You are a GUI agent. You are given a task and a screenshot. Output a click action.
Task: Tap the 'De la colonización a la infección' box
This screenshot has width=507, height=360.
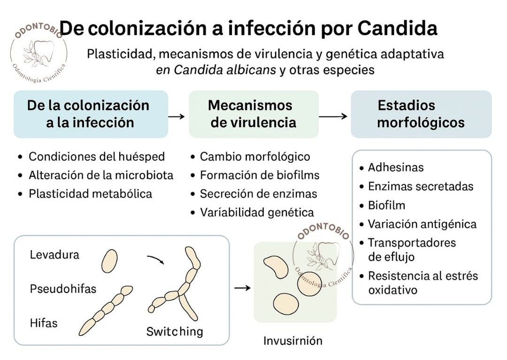91,114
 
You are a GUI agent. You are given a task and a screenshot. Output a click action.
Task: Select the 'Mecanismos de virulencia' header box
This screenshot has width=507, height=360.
253,114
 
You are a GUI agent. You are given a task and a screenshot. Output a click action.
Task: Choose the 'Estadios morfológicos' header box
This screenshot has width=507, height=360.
421,114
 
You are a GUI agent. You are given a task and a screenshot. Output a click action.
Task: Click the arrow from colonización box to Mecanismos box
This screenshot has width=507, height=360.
177,116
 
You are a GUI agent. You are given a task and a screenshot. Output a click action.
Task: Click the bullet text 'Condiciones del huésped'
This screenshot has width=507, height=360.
97,156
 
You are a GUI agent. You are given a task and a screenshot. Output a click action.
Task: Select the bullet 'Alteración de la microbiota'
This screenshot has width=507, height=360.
101,175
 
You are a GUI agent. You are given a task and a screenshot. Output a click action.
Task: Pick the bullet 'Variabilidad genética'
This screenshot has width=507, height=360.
257,212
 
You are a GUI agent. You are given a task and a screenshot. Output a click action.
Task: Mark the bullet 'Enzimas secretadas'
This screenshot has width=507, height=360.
421,186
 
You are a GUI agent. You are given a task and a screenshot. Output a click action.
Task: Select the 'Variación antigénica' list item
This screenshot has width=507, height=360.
422,224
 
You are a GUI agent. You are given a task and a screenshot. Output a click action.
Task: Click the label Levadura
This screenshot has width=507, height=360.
54,255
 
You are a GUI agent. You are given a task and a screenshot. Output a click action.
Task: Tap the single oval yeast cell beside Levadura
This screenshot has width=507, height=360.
110,261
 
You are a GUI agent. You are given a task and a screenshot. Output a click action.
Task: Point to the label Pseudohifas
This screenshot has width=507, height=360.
63,288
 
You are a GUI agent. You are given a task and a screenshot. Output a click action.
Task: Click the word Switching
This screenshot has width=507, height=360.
175,331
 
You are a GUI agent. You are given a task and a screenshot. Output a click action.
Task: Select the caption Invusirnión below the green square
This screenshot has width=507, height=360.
293,340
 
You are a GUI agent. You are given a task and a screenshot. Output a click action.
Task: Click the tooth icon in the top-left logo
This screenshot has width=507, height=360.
43,48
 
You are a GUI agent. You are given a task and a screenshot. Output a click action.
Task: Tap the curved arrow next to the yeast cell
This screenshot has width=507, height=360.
155,259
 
